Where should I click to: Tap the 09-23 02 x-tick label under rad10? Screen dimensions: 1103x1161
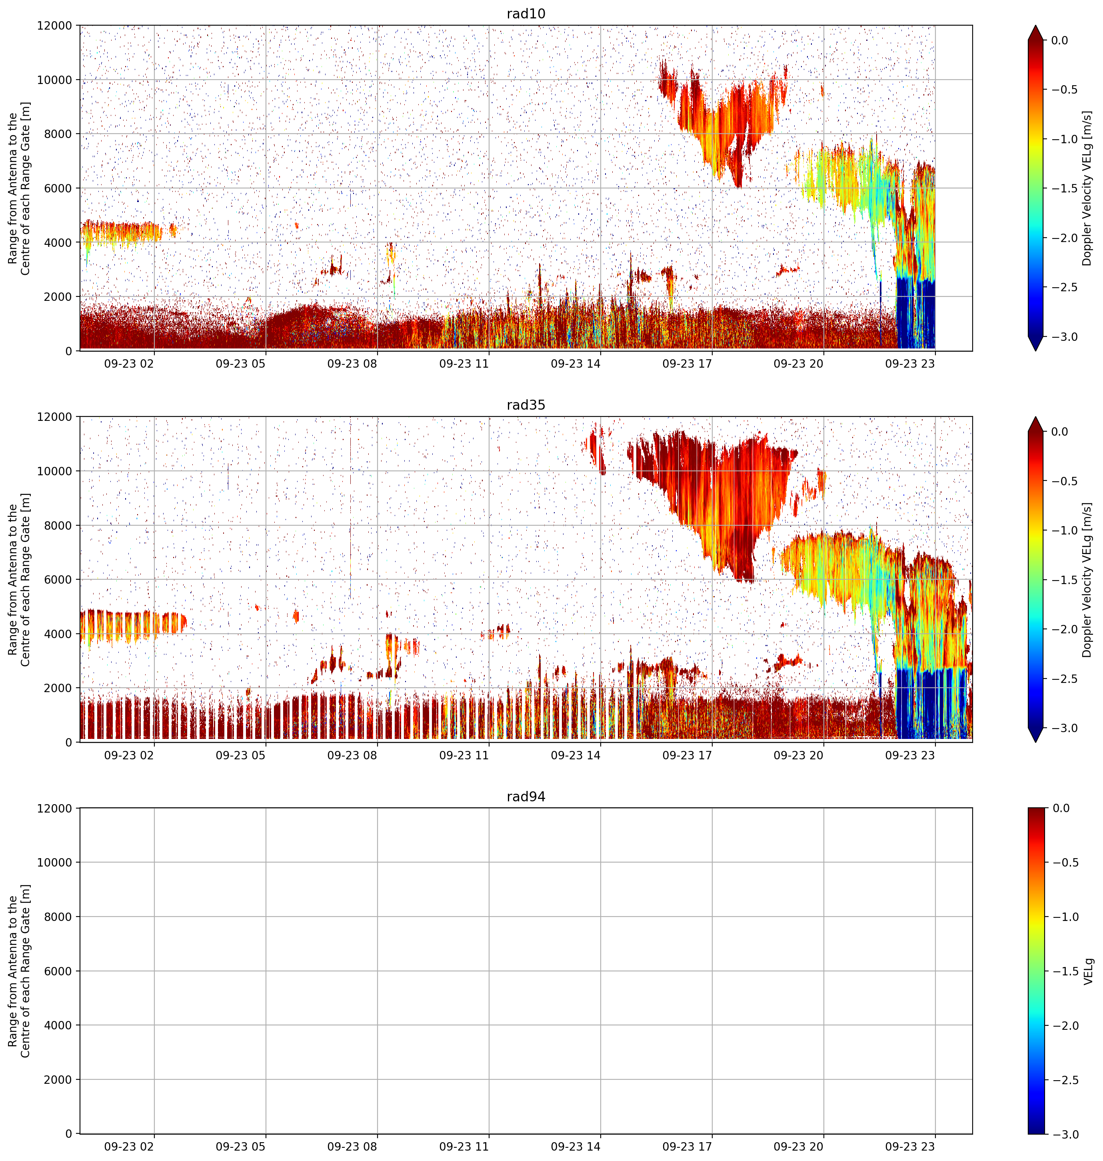pyautogui.click(x=129, y=364)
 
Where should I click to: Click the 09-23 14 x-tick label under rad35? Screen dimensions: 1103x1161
pyautogui.click(x=575, y=755)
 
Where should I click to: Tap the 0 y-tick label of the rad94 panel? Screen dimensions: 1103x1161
pyautogui.click(x=69, y=1133)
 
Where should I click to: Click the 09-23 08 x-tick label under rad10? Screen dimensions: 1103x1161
pyautogui.click(x=352, y=364)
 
